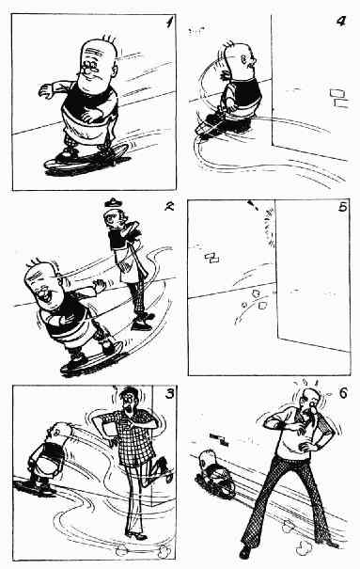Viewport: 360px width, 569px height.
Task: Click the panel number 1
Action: pos(169,24)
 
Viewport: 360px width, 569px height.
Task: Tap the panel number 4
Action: pos(341,21)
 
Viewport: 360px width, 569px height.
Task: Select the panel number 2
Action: pos(169,207)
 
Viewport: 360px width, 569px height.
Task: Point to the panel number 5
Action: pos(342,207)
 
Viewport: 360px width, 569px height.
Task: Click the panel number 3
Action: pos(170,393)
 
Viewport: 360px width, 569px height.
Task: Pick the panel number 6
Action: pos(343,393)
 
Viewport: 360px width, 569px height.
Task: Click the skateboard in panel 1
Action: pos(86,160)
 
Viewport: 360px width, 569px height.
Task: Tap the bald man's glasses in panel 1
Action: pos(90,66)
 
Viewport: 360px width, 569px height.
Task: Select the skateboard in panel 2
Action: pos(92,360)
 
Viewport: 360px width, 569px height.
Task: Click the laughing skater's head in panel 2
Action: pos(41,280)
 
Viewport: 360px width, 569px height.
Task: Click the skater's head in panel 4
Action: pos(240,57)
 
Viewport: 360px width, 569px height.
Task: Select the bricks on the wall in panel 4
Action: pos(339,98)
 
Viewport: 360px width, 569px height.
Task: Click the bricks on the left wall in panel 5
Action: pos(212,259)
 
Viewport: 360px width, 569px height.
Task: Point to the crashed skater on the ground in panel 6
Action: pos(213,473)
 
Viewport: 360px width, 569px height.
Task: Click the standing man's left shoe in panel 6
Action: pos(245,551)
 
